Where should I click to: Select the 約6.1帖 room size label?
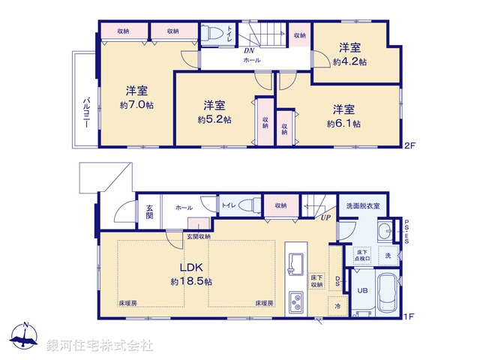344,123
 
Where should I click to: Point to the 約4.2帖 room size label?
350,61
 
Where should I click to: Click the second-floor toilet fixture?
214,34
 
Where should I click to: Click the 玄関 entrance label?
148,212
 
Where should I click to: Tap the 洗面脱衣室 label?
363,205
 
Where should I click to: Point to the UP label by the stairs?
325,217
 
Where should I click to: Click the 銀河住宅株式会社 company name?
100,346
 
